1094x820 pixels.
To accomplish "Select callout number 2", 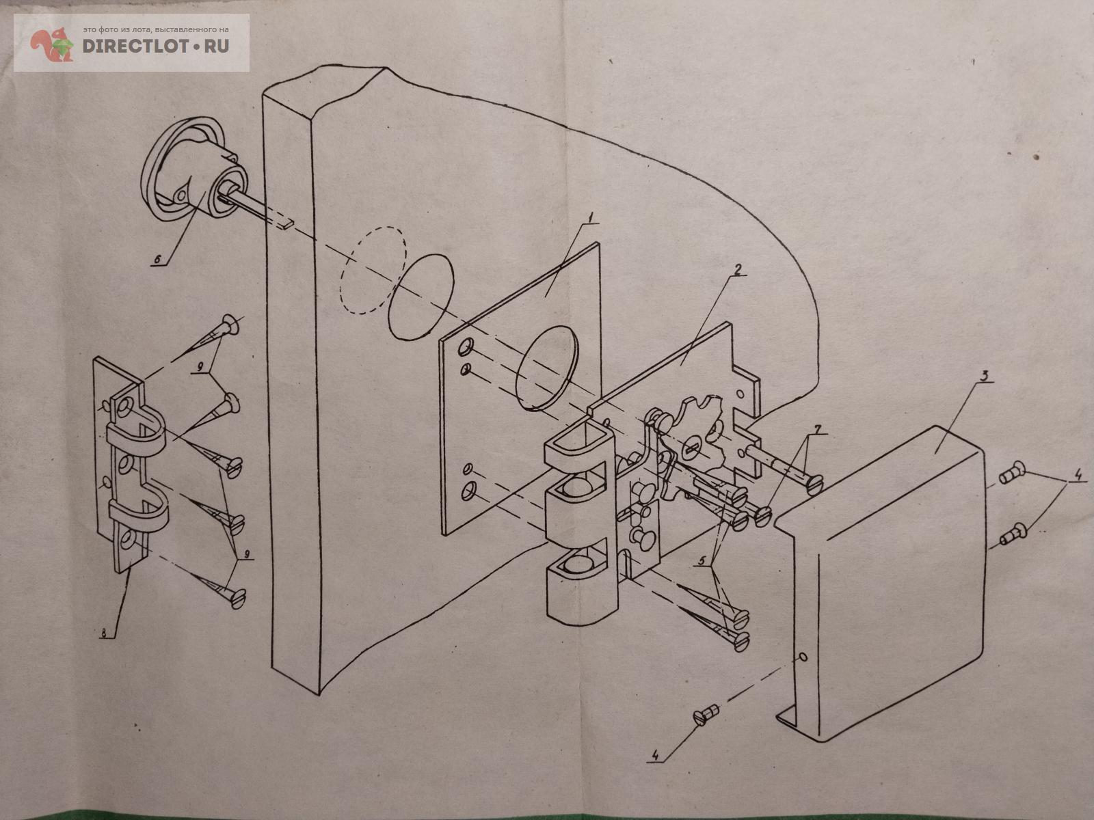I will tap(736, 269).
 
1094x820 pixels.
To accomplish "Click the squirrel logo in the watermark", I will tap(52, 45).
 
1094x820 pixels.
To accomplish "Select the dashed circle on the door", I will tap(373, 269).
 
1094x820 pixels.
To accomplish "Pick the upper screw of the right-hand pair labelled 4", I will tap(1009, 475).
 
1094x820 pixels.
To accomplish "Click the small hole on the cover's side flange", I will tap(803, 657).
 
